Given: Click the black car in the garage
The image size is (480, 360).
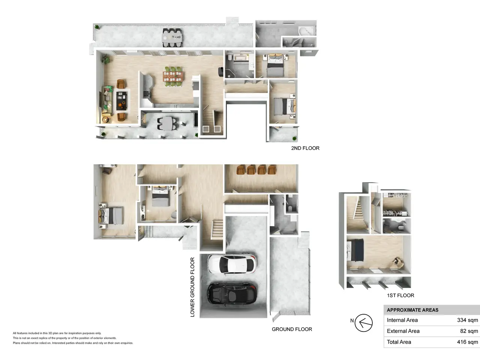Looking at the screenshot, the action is [x=232, y=293].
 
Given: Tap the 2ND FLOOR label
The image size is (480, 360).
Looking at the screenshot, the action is [x=305, y=148].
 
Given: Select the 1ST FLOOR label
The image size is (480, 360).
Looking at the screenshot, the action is [x=400, y=295].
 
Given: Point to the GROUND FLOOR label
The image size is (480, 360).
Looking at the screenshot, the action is [x=292, y=329].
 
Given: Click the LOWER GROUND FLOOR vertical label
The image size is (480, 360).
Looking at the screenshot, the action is [x=192, y=287].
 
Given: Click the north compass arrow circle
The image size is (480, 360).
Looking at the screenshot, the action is [x=363, y=323].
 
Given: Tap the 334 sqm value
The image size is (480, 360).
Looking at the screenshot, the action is [x=467, y=320].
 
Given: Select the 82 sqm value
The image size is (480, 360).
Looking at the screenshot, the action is [x=469, y=331].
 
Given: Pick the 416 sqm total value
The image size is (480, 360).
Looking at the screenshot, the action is [x=467, y=342].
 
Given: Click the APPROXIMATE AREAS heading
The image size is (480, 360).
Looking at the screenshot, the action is [x=412, y=310].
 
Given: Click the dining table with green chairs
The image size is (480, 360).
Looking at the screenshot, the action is [x=173, y=77].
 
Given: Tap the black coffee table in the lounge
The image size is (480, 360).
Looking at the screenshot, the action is [x=121, y=101].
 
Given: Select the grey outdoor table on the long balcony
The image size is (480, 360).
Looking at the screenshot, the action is [x=172, y=37].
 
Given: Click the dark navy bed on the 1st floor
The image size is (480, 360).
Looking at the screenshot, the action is [x=355, y=250].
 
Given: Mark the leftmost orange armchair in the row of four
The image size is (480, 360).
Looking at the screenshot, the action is [x=240, y=170].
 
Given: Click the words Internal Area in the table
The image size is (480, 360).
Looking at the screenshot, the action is [x=402, y=320].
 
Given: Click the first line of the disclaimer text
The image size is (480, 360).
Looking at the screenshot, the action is [x=57, y=333].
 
